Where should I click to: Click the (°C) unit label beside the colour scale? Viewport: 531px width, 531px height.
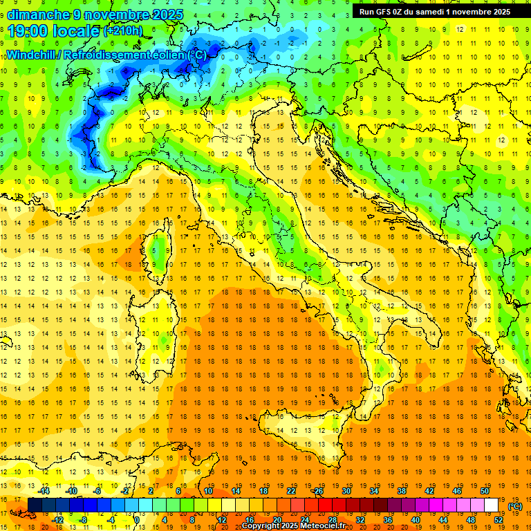click(515, 506)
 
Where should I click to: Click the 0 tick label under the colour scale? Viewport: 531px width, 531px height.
click(137, 519)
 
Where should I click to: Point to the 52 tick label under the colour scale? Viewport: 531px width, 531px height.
click(499, 519)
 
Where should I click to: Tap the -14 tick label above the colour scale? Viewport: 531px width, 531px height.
click(44, 491)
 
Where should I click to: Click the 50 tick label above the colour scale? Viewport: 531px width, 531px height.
click(484, 491)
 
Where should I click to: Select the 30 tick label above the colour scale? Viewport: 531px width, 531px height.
click(346, 491)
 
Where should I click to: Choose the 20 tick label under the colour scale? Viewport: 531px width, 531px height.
click(277, 519)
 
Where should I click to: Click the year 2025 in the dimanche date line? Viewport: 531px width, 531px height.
click(167, 15)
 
